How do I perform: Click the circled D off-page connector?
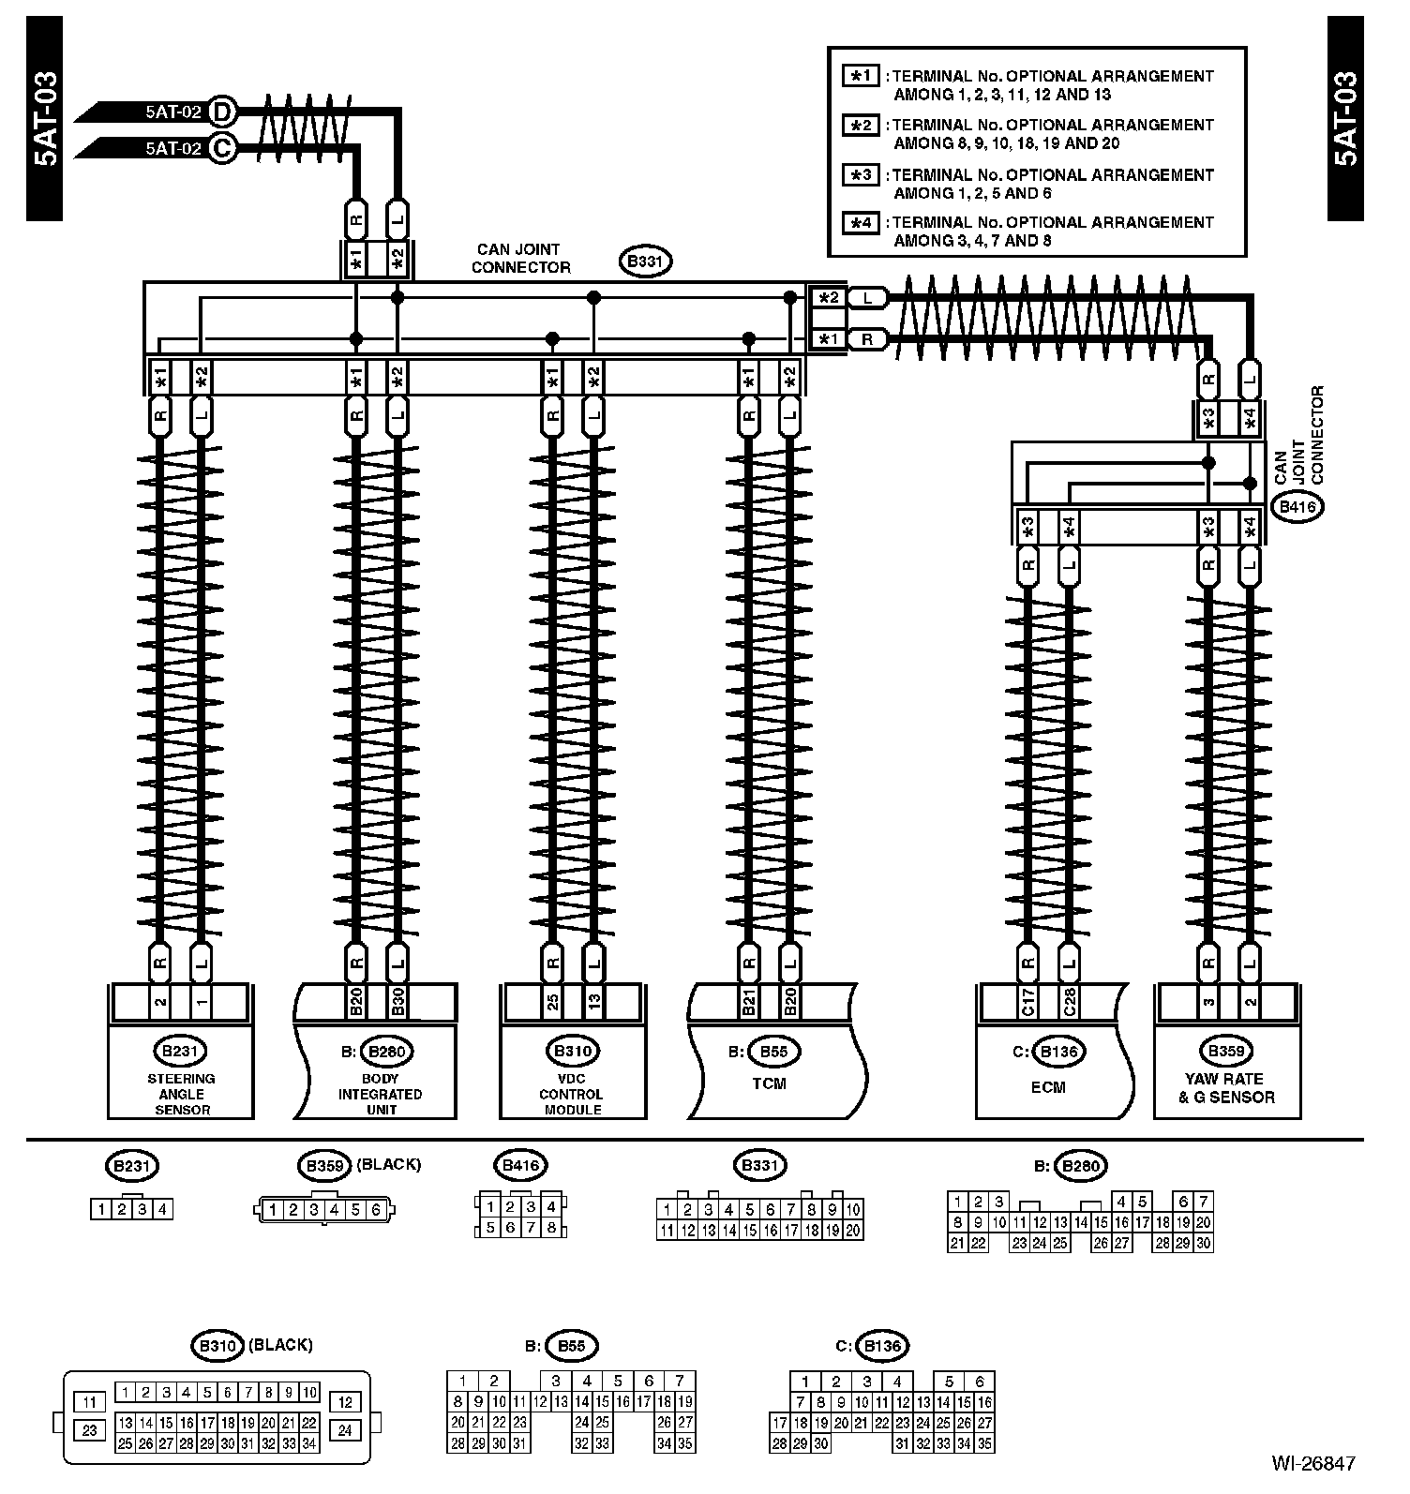click(222, 112)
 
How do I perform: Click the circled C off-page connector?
click(222, 148)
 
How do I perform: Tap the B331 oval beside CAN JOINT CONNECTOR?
click(646, 261)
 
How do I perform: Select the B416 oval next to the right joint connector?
click(1297, 507)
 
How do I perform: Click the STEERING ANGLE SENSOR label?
click(181, 1094)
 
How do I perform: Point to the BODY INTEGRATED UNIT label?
click(380, 1094)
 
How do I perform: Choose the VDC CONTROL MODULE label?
click(572, 1094)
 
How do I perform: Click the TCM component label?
click(769, 1083)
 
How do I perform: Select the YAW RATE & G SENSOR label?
click(1226, 1088)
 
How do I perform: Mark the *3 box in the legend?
click(861, 175)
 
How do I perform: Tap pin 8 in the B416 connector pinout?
click(551, 1228)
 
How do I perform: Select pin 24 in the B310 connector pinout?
click(345, 1430)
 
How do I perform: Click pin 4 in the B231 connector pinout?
click(163, 1209)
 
